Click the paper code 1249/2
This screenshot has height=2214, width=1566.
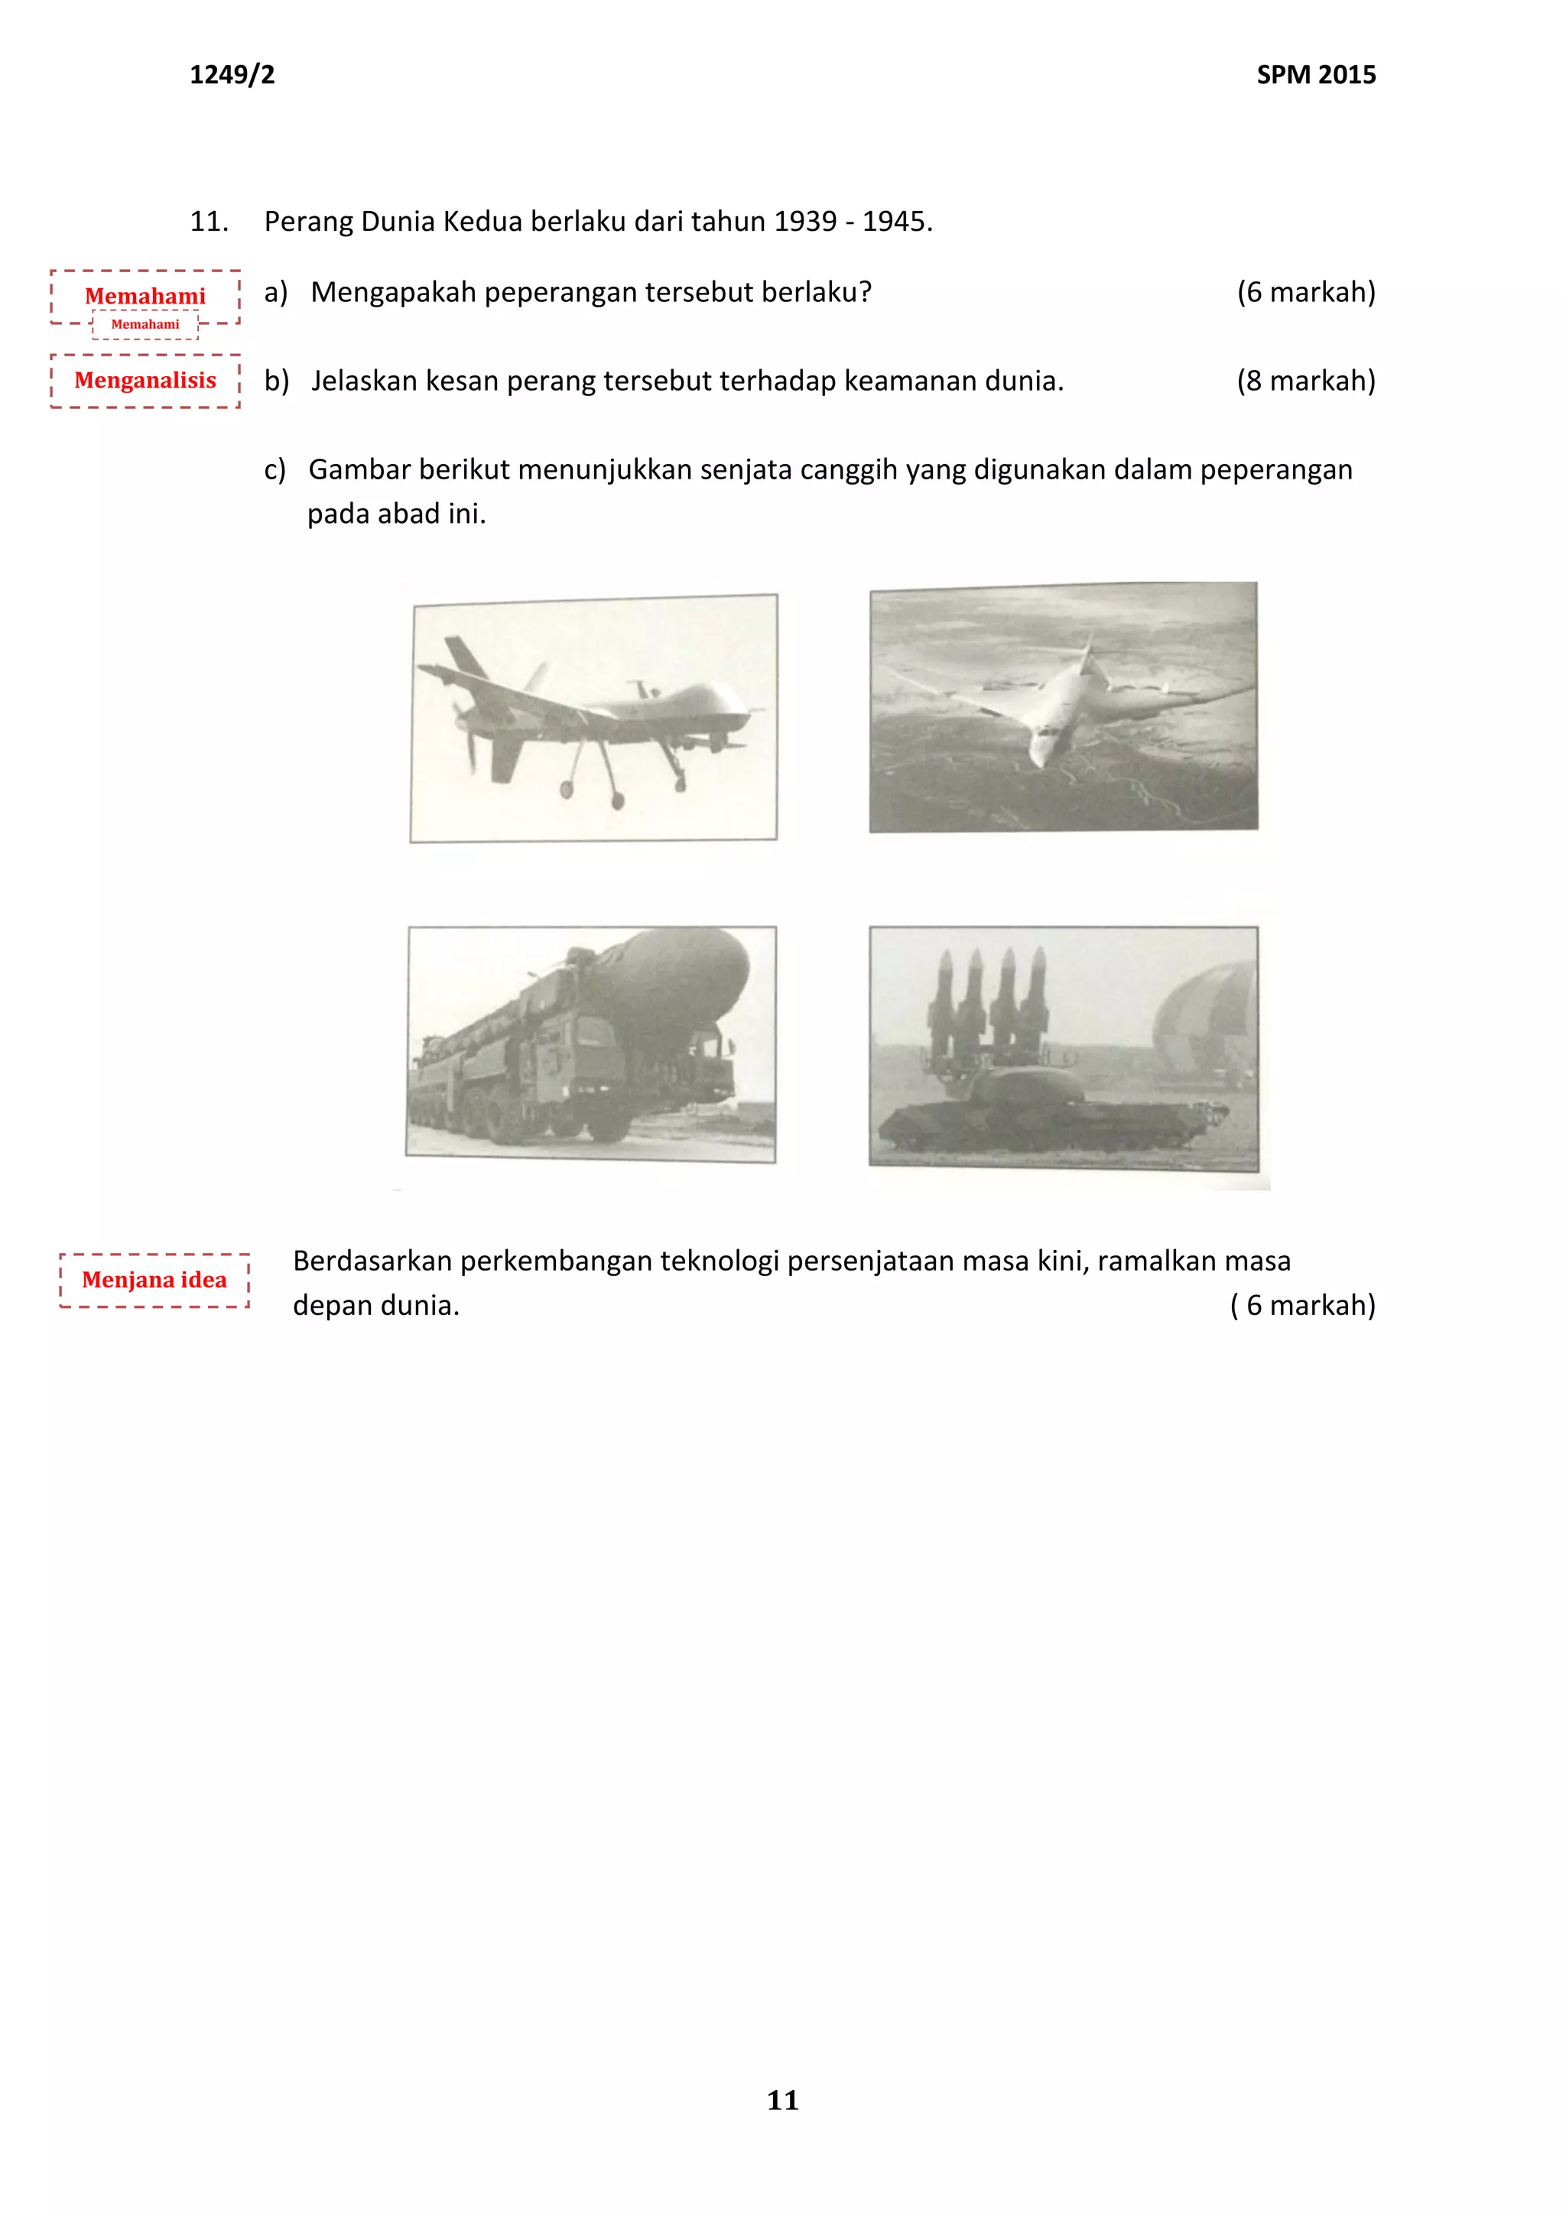click(x=232, y=74)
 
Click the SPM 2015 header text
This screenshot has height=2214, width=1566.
click(x=1315, y=74)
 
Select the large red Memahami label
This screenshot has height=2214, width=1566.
click(x=145, y=295)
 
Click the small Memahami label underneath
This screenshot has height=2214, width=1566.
click(x=145, y=325)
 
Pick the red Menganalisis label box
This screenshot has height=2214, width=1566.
click(x=145, y=380)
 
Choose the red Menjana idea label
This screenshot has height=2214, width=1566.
click(x=154, y=1280)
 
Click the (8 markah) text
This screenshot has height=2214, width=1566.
click(x=1306, y=381)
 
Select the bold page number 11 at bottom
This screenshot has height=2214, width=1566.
click(x=782, y=2100)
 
